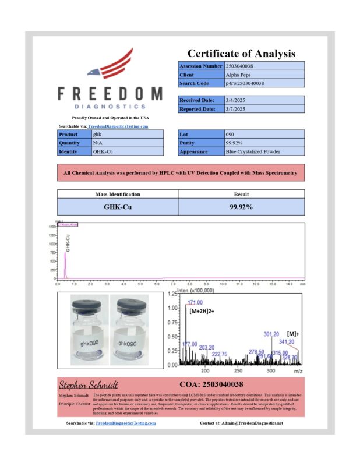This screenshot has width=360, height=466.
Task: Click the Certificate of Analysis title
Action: point(241,53)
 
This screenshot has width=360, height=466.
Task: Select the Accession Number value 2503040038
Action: point(239,66)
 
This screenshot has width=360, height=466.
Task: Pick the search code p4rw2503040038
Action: point(245,83)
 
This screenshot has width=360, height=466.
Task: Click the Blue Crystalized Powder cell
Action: point(253,151)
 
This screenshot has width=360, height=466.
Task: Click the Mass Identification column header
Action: point(117,194)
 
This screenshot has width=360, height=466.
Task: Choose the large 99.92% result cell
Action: point(241,207)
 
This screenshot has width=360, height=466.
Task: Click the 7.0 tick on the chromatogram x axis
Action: point(173,284)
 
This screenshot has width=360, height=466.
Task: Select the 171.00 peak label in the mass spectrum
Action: point(195,302)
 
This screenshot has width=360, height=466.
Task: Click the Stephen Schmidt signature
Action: point(88,384)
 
